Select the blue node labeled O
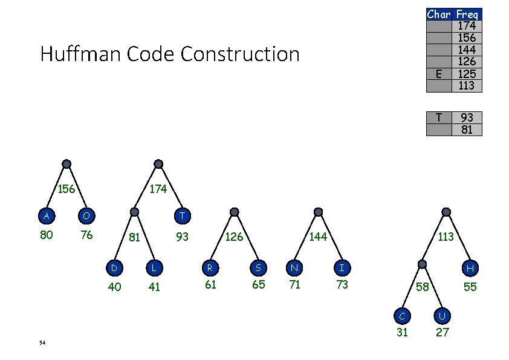[x=86, y=216]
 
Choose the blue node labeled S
[x=258, y=266]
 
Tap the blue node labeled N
[x=294, y=266]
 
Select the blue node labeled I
[x=342, y=266]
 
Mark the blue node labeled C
[x=401, y=315]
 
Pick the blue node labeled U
[x=442, y=315]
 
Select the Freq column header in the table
[x=467, y=14]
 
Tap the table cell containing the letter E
[x=439, y=74]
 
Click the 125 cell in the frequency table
[x=467, y=74]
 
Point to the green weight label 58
[x=421, y=286]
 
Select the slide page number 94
[x=42, y=343]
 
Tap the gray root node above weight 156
[x=67, y=164]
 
